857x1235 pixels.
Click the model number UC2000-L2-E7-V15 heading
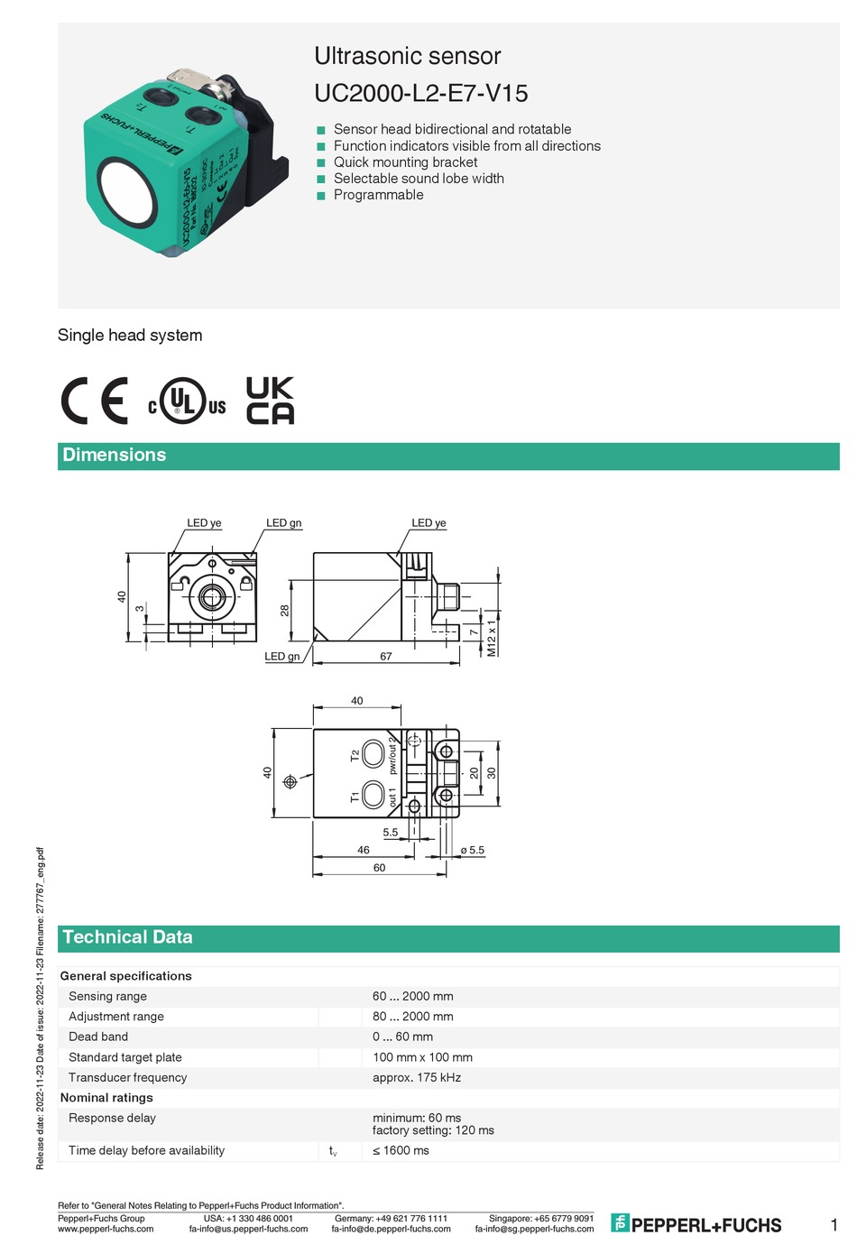pos(420,93)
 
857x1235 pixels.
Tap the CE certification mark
pos(95,401)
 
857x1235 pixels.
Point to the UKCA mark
pos(270,401)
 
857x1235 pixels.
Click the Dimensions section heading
pos(115,455)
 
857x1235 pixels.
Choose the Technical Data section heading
pos(127,937)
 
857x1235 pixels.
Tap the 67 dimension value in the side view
pos(386,656)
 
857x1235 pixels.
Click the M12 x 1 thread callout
pos(492,637)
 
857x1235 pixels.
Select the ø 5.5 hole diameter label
pos(473,850)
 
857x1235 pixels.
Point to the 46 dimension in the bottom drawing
pos(364,850)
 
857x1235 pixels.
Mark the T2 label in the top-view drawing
pos(355,754)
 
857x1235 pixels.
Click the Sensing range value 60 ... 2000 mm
pos(413,996)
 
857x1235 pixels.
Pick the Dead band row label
pos(98,1037)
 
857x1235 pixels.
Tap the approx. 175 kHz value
pos(417,1077)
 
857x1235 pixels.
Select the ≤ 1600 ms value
pos(401,1150)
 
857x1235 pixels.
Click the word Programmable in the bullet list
pos(378,195)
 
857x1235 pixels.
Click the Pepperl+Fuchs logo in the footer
pos(696,1223)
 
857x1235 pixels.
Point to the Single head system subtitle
pos(130,335)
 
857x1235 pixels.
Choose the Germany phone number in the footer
pos(391,1218)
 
